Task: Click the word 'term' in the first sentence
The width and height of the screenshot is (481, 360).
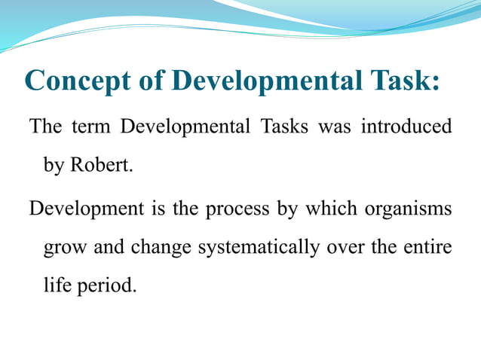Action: [x=90, y=126]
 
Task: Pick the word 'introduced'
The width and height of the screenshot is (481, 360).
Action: [x=406, y=126]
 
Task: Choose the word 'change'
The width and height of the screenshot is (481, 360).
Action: [x=161, y=246]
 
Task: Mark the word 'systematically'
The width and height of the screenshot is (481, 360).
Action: [x=259, y=246]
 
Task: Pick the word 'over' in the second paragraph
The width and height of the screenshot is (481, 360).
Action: [x=346, y=246]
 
